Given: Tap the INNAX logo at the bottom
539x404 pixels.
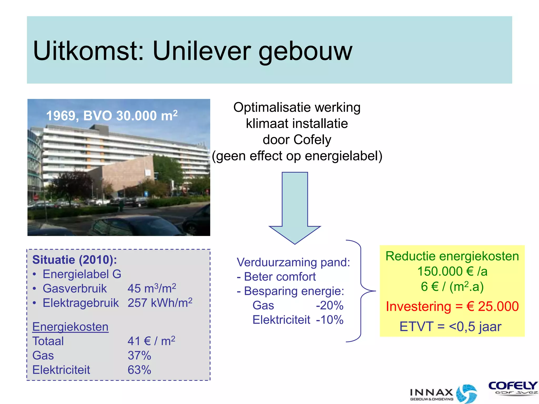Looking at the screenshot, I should tap(443, 394).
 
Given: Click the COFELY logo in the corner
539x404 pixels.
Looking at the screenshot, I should tap(512, 388).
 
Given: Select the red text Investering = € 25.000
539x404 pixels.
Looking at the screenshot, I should tap(452, 306).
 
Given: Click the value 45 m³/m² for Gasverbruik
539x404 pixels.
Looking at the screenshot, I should tap(152, 288).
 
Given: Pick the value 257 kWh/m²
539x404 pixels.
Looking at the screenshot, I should tap(160, 303).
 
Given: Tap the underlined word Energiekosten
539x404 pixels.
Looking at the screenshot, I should tap(70, 327).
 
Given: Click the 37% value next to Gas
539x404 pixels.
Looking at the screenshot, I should tap(139, 356).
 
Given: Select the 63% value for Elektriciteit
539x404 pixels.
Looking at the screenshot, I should tap(139, 370).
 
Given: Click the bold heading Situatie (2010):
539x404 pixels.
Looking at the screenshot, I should tap(74, 260).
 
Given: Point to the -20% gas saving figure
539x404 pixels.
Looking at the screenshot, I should tap(330, 306).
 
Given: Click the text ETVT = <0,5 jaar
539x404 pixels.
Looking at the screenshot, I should tap(450, 327).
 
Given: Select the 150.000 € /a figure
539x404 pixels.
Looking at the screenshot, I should tap(452, 271).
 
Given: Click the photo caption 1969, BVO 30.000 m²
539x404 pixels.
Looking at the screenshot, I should tap(112, 116).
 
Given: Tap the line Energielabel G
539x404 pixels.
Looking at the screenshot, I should tap(82, 274).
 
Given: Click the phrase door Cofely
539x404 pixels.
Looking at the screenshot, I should tap(297, 140).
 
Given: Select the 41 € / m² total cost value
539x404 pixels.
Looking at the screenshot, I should tap(151, 341).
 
